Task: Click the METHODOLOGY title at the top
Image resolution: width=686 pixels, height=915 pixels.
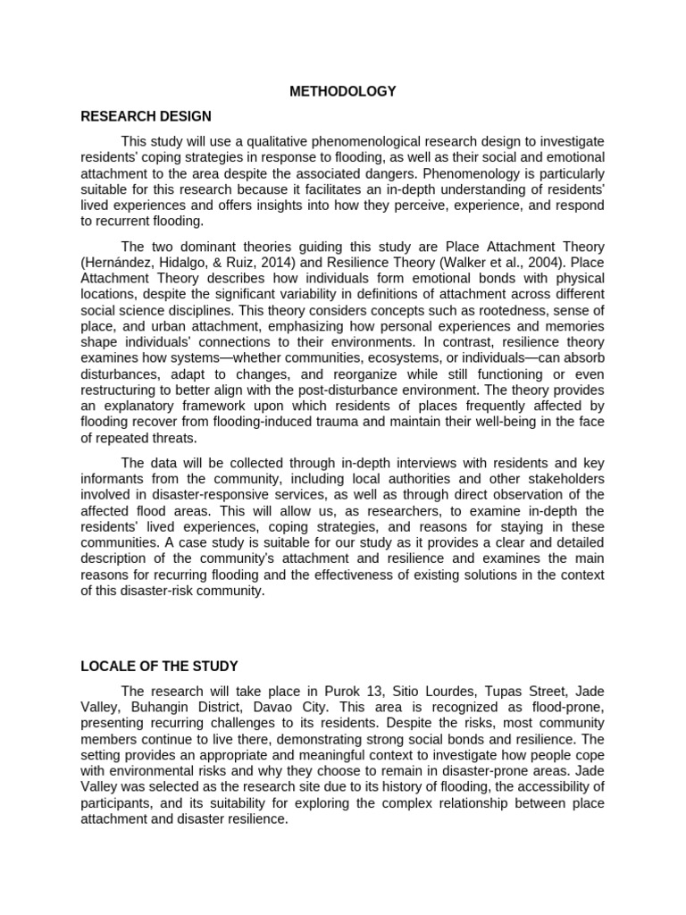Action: click(x=343, y=91)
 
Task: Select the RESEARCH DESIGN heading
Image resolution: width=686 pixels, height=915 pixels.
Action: click(x=146, y=116)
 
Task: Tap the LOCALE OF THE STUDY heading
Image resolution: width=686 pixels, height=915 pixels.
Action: click(x=159, y=666)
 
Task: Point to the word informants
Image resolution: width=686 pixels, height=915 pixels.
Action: click(x=114, y=479)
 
